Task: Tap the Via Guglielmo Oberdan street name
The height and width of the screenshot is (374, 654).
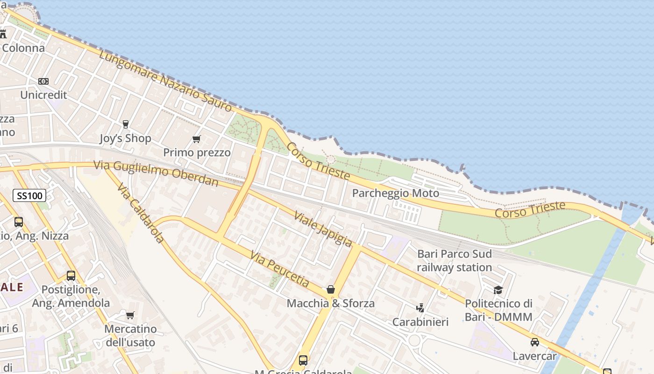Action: click(x=156, y=173)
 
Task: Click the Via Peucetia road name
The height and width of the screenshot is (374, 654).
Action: click(x=279, y=269)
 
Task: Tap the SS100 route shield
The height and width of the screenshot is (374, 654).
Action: click(x=29, y=195)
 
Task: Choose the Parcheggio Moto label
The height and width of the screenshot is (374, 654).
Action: click(x=395, y=193)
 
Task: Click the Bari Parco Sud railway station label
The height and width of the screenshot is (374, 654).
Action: click(x=454, y=260)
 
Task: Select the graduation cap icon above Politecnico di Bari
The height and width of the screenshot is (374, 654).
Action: click(x=498, y=290)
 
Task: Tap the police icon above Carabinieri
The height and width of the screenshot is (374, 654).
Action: click(x=420, y=308)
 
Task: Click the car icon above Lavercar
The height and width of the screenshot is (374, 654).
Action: click(x=534, y=342)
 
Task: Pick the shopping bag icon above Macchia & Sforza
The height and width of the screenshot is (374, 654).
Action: click(x=331, y=289)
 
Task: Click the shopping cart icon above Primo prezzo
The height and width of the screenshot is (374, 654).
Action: click(x=197, y=139)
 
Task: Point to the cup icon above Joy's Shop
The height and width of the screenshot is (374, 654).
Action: click(x=125, y=124)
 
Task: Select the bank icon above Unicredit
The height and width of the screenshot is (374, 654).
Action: click(x=43, y=81)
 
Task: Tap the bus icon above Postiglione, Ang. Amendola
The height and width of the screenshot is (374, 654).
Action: click(x=71, y=276)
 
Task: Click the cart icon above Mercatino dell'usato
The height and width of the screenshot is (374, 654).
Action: click(x=130, y=315)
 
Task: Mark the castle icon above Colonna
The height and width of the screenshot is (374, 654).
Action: click(x=3, y=34)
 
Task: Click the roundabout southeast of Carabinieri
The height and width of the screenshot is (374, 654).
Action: click(x=414, y=340)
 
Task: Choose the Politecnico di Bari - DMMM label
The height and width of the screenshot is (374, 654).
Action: click(x=498, y=310)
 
